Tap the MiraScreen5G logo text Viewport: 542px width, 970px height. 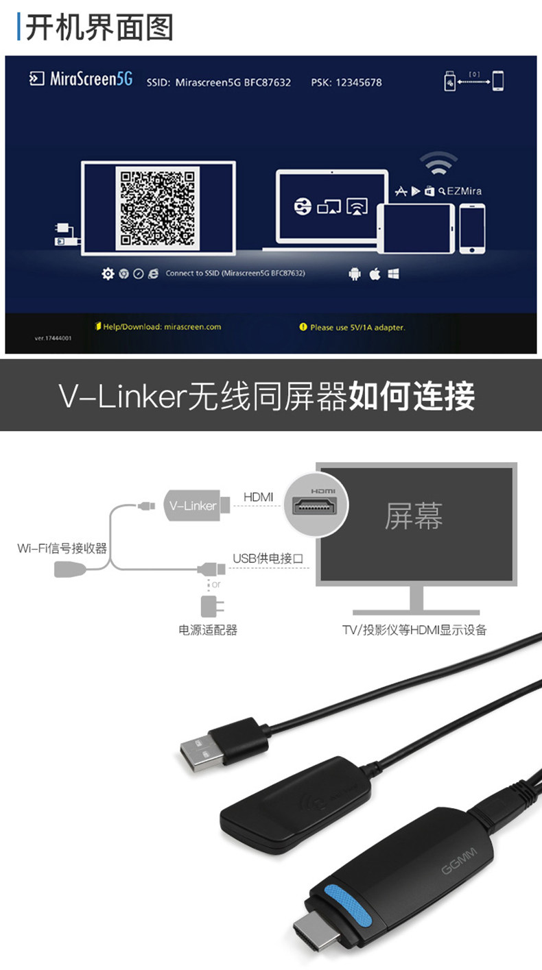[x=91, y=80]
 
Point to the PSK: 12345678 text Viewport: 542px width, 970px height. [x=346, y=82]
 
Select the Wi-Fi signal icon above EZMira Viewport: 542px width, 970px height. [x=438, y=165]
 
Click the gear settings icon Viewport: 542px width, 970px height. [x=108, y=274]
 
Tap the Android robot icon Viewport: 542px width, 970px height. [x=355, y=274]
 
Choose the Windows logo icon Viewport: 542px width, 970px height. [x=394, y=274]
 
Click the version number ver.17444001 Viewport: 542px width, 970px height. [x=52, y=338]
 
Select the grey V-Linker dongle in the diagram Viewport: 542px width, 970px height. [x=193, y=506]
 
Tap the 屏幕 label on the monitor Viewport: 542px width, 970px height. [x=414, y=516]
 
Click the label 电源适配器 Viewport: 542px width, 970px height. [x=208, y=630]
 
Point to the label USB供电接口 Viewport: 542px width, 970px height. [x=268, y=559]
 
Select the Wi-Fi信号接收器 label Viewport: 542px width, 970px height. [x=62, y=548]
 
